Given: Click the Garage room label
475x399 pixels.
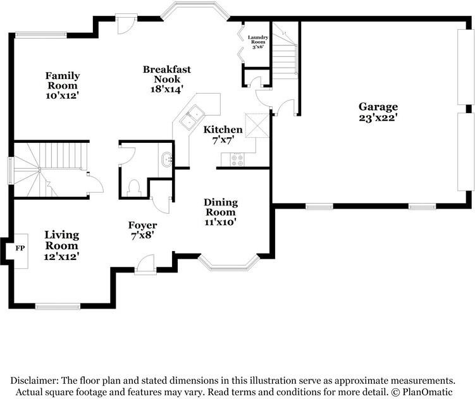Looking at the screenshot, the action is [x=378, y=107].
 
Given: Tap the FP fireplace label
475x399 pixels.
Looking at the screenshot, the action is [x=20, y=249].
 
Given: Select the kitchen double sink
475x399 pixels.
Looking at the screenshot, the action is [x=192, y=118].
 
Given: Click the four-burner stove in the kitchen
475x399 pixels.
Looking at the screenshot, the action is [x=237, y=159].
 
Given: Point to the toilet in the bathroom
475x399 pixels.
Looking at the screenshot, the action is [x=133, y=188].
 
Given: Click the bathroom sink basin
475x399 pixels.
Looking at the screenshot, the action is [x=167, y=159].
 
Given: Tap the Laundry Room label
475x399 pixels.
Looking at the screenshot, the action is [x=258, y=39].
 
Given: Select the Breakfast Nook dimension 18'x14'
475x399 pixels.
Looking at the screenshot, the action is [x=167, y=89].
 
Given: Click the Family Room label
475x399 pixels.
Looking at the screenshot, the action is [x=63, y=80].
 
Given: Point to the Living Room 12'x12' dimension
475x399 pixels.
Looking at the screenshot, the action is [x=61, y=257].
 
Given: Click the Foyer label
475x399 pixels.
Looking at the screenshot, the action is [x=142, y=225].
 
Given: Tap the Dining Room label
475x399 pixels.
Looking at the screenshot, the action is [x=221, y=207].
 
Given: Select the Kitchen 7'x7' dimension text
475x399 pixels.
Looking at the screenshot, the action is [x=223, y=140].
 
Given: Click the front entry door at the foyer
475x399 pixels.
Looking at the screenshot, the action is [x=145, y=265].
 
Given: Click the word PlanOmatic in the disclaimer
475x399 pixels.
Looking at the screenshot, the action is [x=428, y=392].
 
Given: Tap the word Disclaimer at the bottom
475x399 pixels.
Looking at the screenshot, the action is [x=33, y=381].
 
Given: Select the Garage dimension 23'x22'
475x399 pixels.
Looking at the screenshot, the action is [x=378, y=118].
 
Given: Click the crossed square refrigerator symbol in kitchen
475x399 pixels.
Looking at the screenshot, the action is [x=257, y=125].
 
